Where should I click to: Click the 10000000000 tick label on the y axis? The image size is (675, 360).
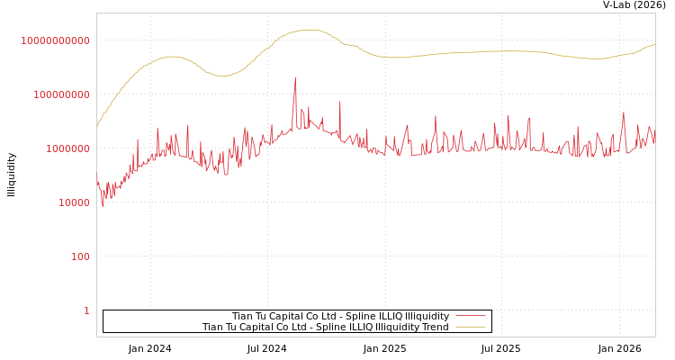point(55,40)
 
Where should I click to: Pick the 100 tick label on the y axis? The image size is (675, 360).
point(80,256)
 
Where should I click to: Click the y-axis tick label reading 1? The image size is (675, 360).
point(86,310)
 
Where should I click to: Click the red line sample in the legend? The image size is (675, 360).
point(470,316)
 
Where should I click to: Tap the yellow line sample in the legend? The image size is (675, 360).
point(470,327)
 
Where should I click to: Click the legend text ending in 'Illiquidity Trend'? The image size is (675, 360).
point(325,327)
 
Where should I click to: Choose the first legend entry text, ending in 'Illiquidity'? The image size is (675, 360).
point(340,316)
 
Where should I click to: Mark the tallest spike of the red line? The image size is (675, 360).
point(295,78)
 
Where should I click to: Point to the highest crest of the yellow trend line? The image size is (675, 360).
point(308,30)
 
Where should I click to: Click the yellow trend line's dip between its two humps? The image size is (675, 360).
point(222,76)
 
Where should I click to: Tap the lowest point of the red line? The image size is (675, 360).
point(103,206)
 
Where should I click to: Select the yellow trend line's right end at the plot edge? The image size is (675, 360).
point(654,44)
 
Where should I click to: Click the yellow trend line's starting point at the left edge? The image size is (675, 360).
point(97,126)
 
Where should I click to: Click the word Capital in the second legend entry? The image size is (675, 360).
point(267,327)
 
